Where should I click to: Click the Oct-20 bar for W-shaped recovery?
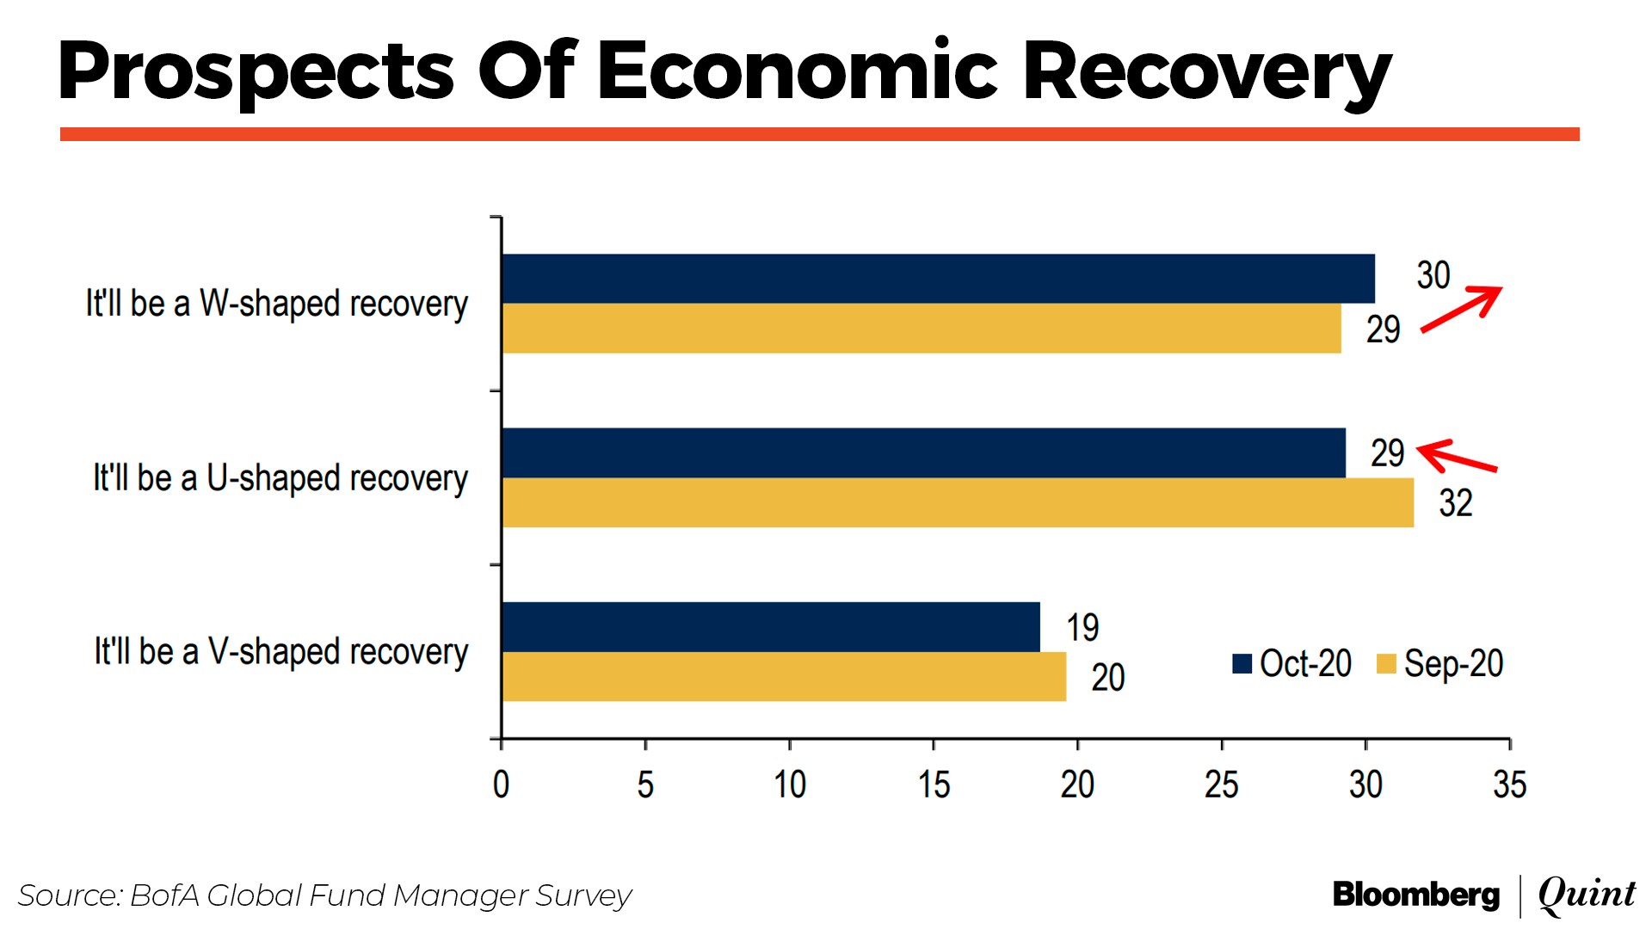coord(938,279)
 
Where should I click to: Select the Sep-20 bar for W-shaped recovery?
coord(922,329)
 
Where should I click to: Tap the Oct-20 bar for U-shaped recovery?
coord(924,452)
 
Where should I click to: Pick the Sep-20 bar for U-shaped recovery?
coord(958,502)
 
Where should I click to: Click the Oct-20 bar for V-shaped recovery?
coord(771,627)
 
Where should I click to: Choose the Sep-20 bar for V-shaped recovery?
coord(784,677)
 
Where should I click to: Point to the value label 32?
coord(1456,503)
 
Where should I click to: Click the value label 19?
coord(1082,627)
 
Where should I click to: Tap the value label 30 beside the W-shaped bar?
coord(1433,275)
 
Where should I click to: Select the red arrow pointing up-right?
coord(1461,309)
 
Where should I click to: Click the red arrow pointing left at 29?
coord(1456,457)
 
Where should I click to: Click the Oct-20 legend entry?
coord(1291,664)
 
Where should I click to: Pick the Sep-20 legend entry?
coord(1439,664)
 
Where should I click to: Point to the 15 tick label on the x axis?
coord(934,784)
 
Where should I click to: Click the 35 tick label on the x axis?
coord(1509,784)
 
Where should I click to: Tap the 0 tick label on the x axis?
coord(501,784)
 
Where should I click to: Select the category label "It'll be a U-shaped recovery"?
coord(280,478)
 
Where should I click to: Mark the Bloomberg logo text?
coord(1416,895)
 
